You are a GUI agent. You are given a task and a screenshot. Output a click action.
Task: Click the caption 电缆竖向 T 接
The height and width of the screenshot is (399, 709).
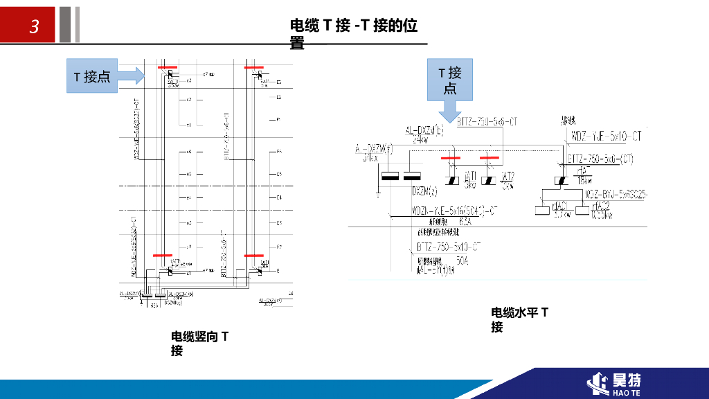click(200, 344)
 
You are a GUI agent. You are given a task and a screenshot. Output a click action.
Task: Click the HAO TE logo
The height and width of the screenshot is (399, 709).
click(616, 383)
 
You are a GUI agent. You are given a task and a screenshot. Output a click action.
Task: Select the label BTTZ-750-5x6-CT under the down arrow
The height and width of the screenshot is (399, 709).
click(487, 122)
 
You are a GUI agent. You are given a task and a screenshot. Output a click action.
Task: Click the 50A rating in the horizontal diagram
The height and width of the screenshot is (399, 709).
click(463, 261)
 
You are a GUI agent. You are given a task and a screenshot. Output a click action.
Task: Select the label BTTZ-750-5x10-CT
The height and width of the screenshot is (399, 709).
click(448, 247)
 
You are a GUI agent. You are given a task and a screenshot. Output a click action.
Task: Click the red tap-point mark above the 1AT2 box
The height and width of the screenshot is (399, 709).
click(489, 158)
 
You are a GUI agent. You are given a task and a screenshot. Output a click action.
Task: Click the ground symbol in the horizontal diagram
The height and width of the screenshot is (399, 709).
click(378, 188)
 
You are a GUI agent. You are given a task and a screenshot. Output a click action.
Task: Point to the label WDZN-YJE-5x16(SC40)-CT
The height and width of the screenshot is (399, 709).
click(454, 209)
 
